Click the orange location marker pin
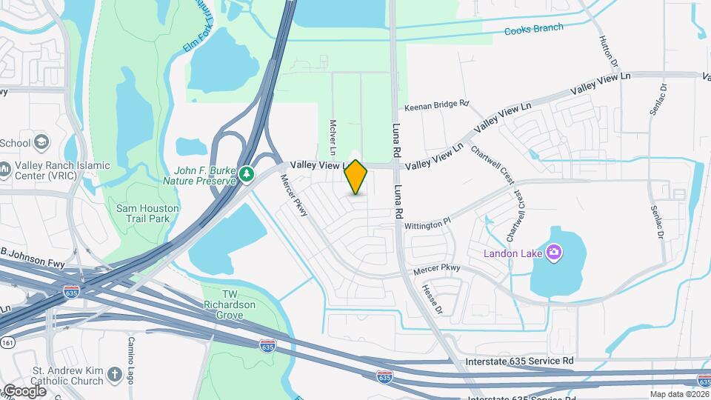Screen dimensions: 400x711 (x=356, y=177)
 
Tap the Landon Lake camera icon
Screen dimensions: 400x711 (x=553, y=253)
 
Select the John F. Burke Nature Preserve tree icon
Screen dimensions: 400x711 (x=247, y=174)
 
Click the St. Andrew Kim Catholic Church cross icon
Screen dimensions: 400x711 (x=114, y=375)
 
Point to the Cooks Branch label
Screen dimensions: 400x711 (x=533, y=30)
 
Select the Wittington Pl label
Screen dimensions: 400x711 (x=427, y=221)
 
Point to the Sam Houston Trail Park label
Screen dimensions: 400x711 (x=147, y=213)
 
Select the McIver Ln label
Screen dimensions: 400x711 (x=334, y=138)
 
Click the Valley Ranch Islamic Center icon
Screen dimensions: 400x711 (x=5, y=171)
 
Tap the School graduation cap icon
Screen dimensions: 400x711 (x=42, y=142)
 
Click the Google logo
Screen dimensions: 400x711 (x=24, y=390)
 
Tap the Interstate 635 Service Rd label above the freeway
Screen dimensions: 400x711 (x=520, y=361)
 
